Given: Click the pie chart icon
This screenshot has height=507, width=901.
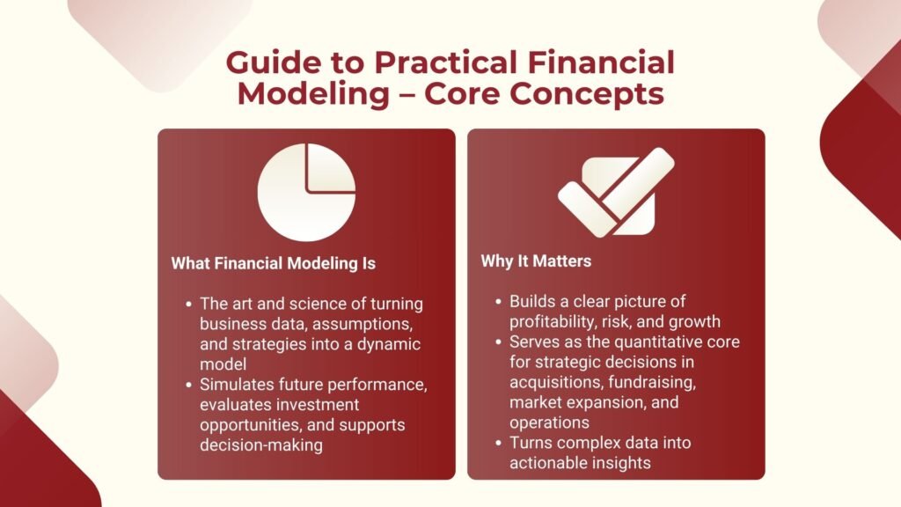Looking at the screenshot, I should (306, 193).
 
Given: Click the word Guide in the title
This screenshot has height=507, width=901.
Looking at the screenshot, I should (268, 64).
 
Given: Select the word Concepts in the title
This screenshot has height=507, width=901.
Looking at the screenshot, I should (595, 93).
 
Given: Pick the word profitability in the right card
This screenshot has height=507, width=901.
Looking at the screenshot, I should (553, 320).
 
